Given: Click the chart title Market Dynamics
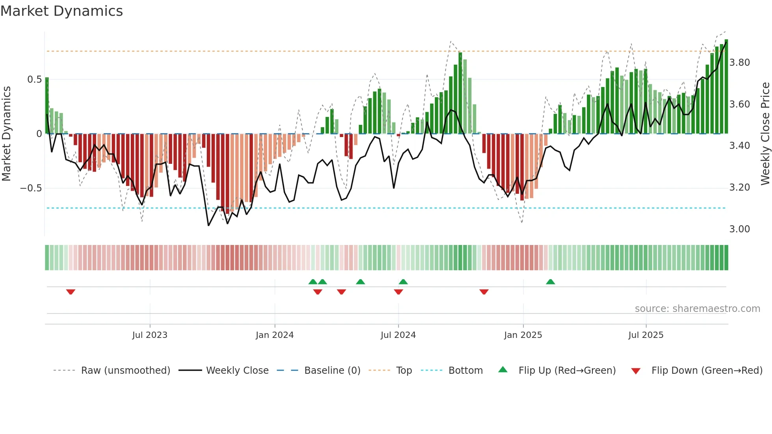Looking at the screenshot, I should [x=61, y=11].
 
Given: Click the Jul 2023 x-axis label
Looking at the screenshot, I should [x=150, y=335].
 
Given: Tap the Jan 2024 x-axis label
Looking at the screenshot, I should [x=275, y=335].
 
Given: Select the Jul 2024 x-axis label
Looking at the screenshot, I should [x=398, y=335].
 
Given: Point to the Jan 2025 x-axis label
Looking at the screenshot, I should [x=523, y=335].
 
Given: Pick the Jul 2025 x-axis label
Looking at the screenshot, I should [x=646, y=335].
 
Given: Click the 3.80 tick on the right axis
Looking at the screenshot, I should [x=740, y=63].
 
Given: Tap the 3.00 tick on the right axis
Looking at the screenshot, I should [x=740, y=229].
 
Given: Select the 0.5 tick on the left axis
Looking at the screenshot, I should [x=34, y=80].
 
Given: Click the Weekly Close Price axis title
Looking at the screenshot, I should [x=765, y=134].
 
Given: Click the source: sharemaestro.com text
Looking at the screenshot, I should [x=697, y=309].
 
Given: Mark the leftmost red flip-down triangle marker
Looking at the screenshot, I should [x=71, y=292].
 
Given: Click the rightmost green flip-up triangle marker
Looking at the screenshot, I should [x=550, y=282].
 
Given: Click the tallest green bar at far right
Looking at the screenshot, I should [x=726, y=87].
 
